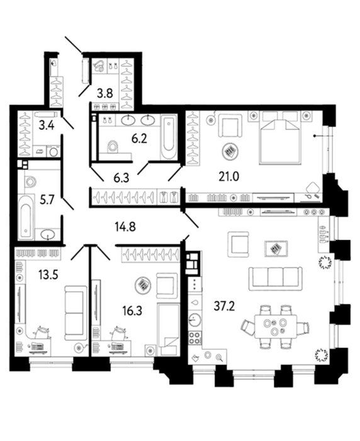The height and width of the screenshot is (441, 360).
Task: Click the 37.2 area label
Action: pyautogui.click(x=224, y=306)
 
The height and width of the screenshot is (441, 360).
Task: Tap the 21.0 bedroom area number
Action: pyautogui.click(x=228, y=176)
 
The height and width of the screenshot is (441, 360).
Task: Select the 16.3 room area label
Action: pyautogui.click(x=132, y=311)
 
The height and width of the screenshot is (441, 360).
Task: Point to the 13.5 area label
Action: pyautogui.click(x=48, y=275)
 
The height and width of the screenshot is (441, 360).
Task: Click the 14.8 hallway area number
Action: pyautogui.click(x=125, y=226)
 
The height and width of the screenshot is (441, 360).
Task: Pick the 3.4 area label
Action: pyautogui.click(x=47, y=125)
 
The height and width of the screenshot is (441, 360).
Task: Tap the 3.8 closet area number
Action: pyautogui.click(x=105, y=93)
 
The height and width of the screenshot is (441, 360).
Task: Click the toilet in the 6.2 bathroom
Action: pyautogui.click(x=113, y=146)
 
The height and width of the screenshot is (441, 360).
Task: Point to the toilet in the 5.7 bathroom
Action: pyautogui.click(x=30, y=181)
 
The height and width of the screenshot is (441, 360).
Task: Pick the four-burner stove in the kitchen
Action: pyautogui.click(x=194, y=338)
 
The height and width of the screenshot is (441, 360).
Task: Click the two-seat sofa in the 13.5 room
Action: pyautogui.click(x=76, y=313)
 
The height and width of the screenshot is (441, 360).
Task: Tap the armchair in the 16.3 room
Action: pyautogui.click(x=167, y=285)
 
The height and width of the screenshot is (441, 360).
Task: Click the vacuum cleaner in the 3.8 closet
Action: pyautogui.click(x=99, y=66)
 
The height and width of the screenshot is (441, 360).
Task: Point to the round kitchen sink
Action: pyautogui.click(x=194, y=319)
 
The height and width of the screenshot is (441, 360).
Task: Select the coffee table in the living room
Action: pyautogui.click(x=276, y=248)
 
